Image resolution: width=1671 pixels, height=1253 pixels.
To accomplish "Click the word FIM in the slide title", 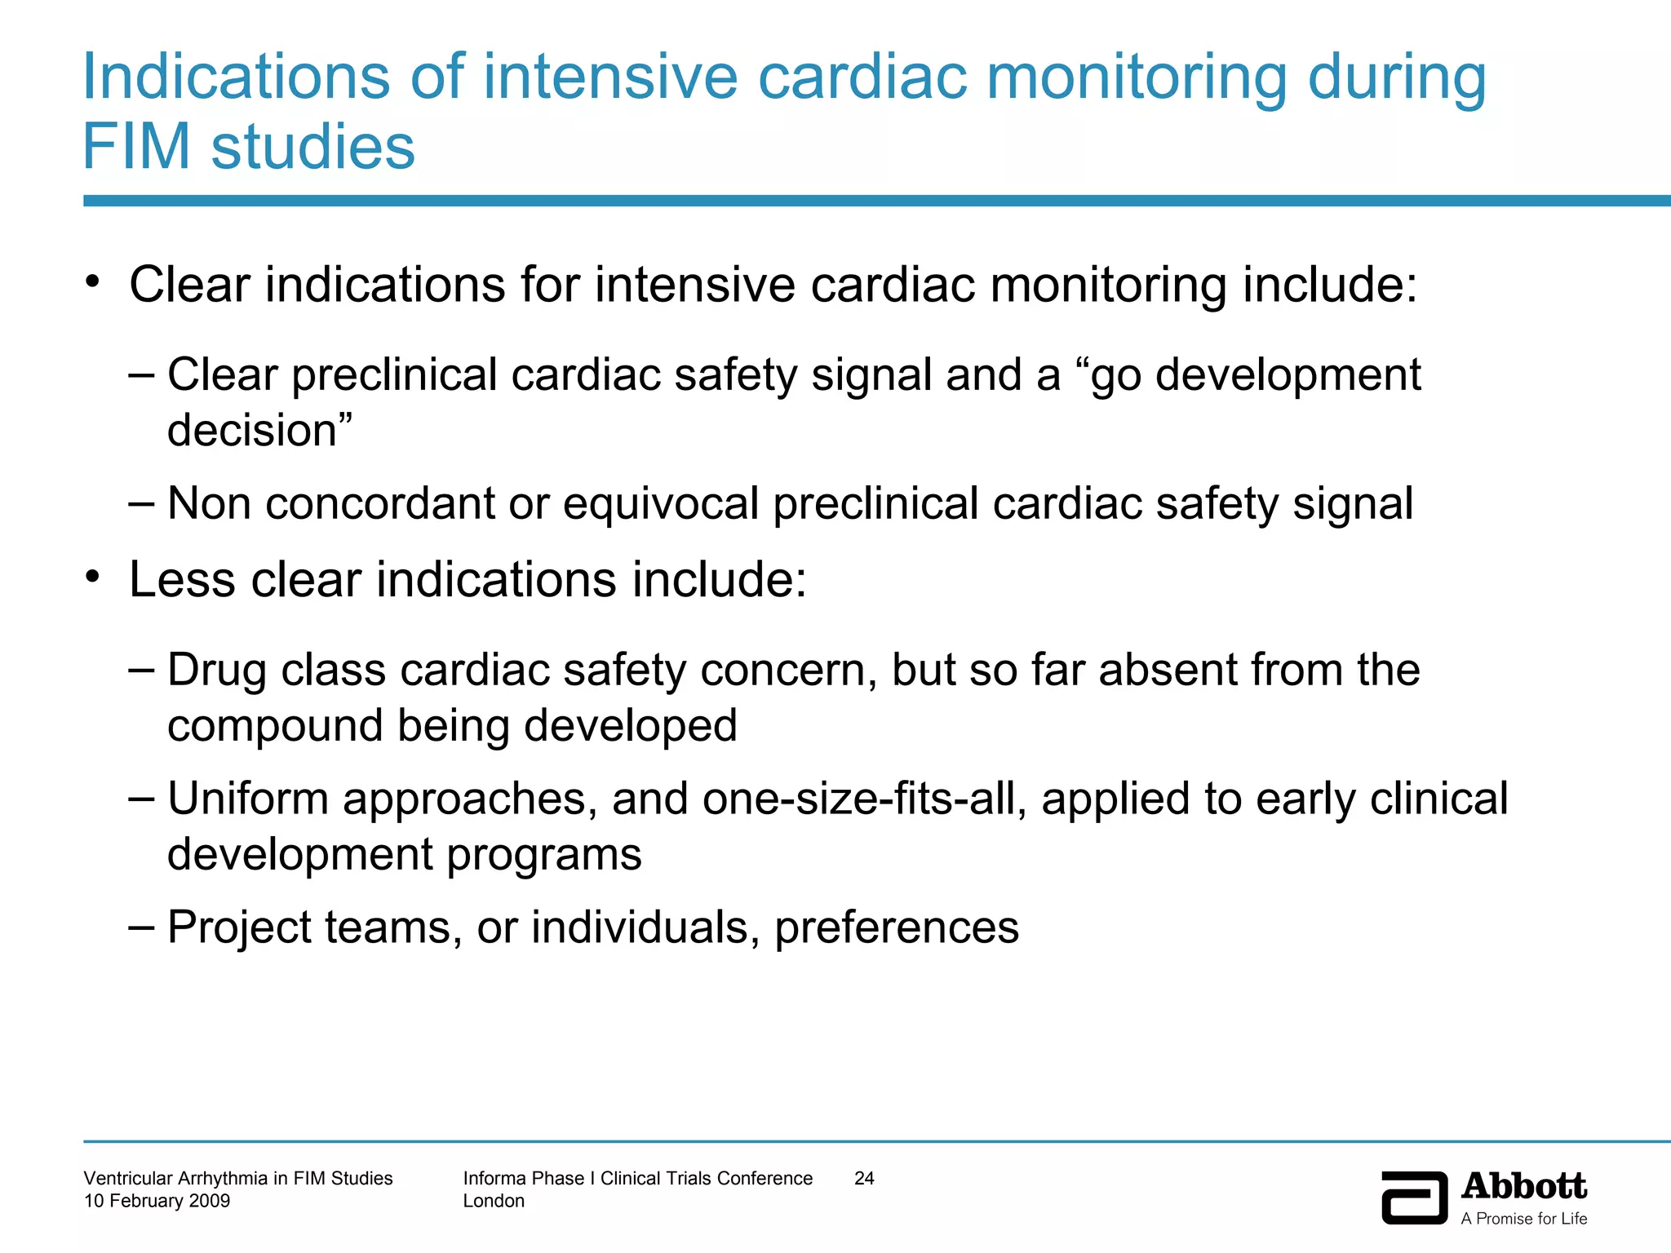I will pos(137,147).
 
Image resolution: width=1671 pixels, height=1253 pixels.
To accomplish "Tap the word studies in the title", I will pos(313,147).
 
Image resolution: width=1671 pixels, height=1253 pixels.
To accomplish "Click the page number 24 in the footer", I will pos(864,1178).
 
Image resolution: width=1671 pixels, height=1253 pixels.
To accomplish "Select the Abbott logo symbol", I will pos(1414,1198).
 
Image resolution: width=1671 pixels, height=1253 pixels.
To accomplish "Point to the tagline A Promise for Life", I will pos(1523,1219).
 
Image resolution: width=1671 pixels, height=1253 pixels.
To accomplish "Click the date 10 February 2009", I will pos(157,1201).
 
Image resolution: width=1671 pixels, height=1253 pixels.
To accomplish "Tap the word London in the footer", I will pos(494,1201).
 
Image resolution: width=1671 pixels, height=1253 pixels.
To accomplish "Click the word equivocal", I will pos(661,503).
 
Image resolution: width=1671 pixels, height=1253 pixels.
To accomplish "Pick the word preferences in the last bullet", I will pos(896,928).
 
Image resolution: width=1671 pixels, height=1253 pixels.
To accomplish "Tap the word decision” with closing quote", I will pos(259,430).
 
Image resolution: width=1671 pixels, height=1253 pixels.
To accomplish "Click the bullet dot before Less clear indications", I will pos(93,578).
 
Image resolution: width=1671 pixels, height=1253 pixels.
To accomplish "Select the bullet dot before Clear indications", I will pos(93,282).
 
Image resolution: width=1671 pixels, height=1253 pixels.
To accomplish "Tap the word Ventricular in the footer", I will pos(130,1178).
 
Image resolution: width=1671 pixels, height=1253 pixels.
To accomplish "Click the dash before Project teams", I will pos(141,927).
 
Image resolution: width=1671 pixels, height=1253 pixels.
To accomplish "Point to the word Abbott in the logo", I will pos(1523,1187).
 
